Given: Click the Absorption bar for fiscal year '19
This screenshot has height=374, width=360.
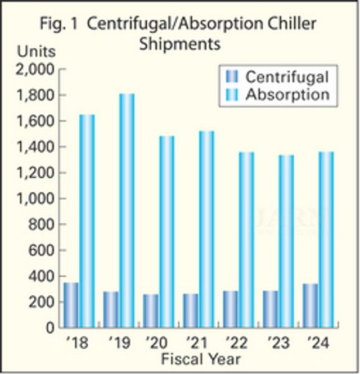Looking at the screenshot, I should tap(127, 210).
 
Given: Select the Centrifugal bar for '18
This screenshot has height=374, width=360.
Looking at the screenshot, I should tap(71, 305).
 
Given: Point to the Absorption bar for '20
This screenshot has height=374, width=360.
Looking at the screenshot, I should tap(166, 231).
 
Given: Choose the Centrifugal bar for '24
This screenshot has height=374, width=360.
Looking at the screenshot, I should tap(310, 305).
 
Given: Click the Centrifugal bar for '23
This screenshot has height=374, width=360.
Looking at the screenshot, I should tap(271, 309).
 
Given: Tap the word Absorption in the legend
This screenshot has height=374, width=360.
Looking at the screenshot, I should tap(287, 94).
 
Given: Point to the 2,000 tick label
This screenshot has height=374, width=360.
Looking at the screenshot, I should tap(35, 70).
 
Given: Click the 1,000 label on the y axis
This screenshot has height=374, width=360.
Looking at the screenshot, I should tap(35, 199).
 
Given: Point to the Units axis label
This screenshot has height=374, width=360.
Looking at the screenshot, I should tap(37, 52).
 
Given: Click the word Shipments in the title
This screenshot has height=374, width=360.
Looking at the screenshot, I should tap(180, 44).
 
